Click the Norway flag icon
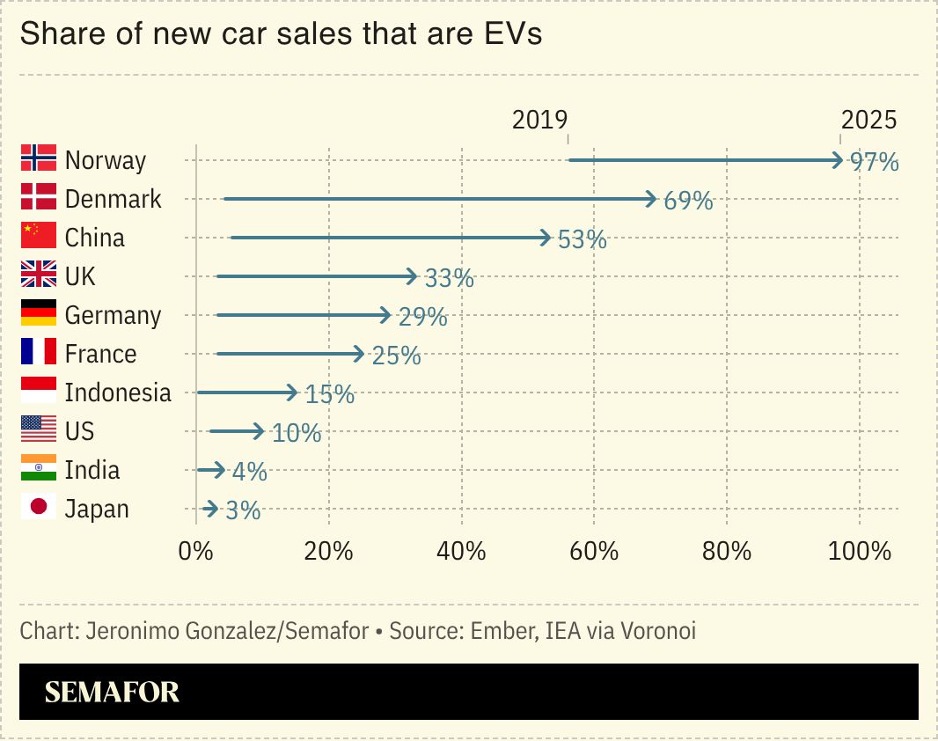38,158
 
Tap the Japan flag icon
38,508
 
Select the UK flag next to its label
38,275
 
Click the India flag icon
38,469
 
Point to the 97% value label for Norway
874,162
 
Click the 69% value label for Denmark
687,201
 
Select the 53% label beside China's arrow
582,239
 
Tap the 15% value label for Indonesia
329,394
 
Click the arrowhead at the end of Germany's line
385,315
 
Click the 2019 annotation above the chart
539,120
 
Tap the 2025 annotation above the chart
868,120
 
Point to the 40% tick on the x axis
461,552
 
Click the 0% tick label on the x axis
195,552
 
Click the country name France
100,354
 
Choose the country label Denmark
113,199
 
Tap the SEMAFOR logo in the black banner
112,693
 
